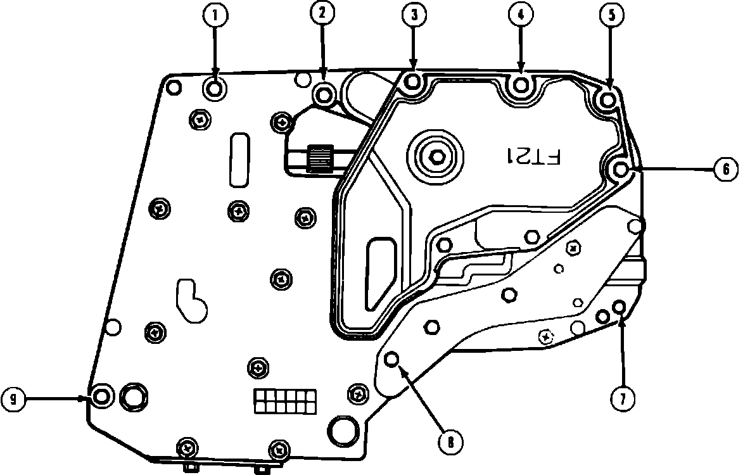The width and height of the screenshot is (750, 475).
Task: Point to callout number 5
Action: tap(611, 16)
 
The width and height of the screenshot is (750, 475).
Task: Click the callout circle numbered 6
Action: tap(726, 169)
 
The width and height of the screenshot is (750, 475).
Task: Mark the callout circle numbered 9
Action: tap(13, 398)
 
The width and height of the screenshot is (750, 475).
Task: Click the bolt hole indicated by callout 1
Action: tap(215, 89)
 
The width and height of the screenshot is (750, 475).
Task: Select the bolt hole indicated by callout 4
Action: tap(521, 84)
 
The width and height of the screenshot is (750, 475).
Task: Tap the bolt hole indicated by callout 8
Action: tap(391, 360)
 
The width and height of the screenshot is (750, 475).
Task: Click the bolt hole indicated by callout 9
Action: tap(101, 397)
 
